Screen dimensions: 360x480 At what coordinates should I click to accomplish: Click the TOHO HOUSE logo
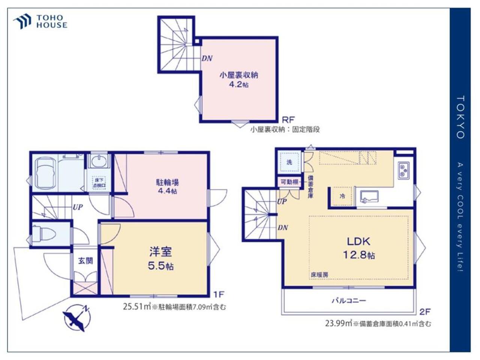pyautogui.click(x=40, y=22)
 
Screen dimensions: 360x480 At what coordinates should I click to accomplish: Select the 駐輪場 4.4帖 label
pyautogui.click(x=167, y=186)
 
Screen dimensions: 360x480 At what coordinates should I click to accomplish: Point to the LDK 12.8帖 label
pyautogui.click(x=358, y=247)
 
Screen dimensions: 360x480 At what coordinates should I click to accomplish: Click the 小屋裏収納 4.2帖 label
pyautogui.click(x=238, y=79)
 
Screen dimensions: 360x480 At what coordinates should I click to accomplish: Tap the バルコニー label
pyautogui.click(x=348, y=301)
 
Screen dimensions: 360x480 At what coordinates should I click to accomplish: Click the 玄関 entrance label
pyautogui.click(x=85, y=261)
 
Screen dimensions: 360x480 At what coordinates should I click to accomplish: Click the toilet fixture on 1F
pyautogui.click(x=44, y=234)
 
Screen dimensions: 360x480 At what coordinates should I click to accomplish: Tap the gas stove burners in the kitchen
pyautogui.click(x=403, y=169)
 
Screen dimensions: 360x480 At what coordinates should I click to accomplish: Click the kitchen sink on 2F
pyautogui.click(x=369, y=196)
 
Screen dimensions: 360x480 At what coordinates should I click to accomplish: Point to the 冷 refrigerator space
pyautogui.click(x=342, y=196)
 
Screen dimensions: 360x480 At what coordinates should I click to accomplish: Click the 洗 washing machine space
pyautogui.click(x=289, y=162)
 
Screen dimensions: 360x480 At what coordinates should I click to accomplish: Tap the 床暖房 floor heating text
pyautogui.click(x=319, y=275)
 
